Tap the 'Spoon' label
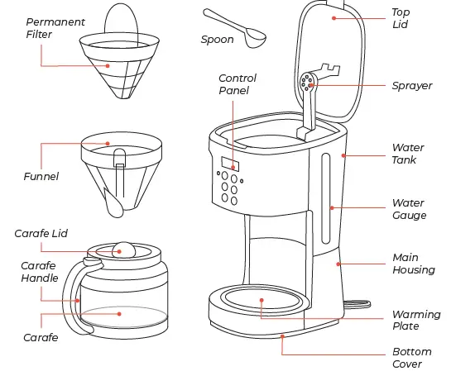pos(217,39)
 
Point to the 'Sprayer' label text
pos(411,86)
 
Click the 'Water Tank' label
pos(408,155)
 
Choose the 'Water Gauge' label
pos(409,209)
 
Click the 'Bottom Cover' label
pos(411,358)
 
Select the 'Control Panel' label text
pos(237,84)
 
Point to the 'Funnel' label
pos(41,176)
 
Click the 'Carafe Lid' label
pos(41,234)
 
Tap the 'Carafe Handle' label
pos(39,272)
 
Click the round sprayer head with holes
pos(306,81)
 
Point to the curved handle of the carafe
pos(70,297)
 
